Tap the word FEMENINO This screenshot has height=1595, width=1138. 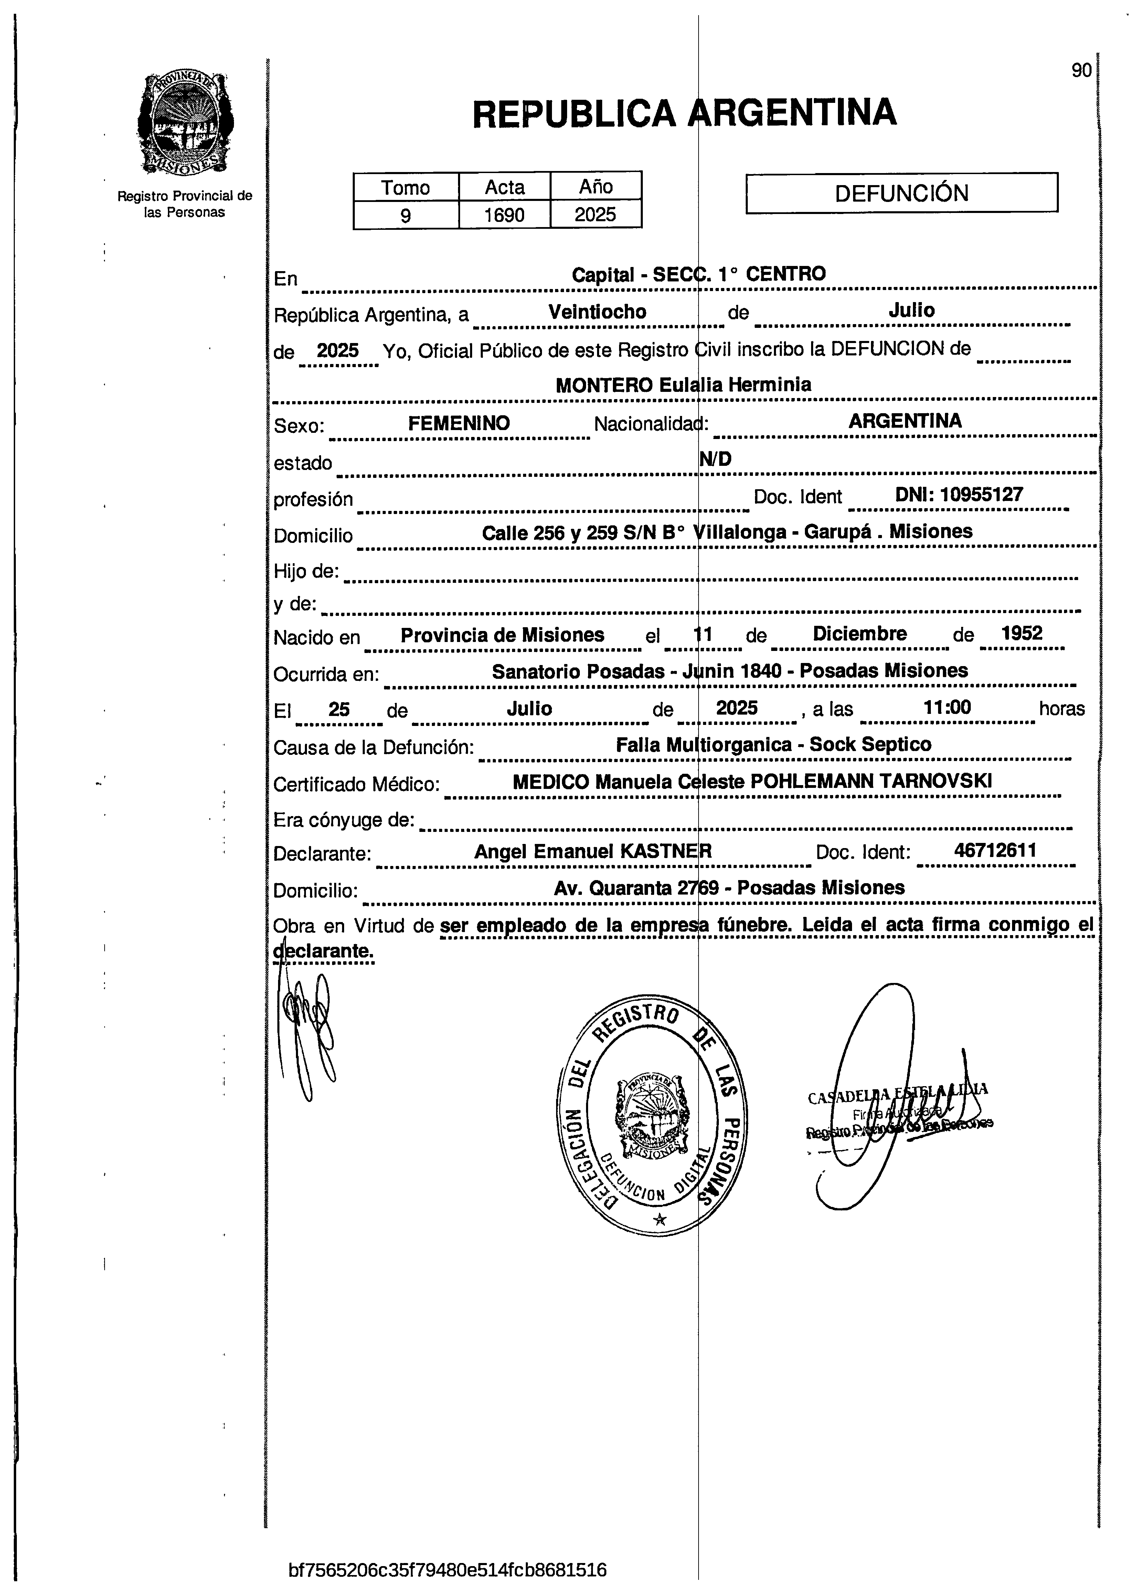point(459,423)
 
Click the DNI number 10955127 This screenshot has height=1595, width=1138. point(981,494)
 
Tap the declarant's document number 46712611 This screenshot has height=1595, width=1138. point(995,850)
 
